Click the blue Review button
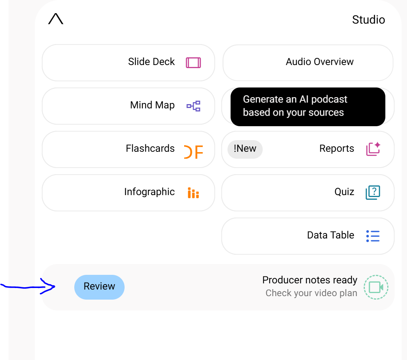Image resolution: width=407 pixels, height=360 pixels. click(x=99, y=287)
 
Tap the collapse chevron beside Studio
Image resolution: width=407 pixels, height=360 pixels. click(x=56, y=19)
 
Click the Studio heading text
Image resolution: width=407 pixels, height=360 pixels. click(x=368, y=20)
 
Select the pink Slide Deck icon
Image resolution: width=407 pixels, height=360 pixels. click(x=193, y=63)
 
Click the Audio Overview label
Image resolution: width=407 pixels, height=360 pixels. click(x=320, y=62)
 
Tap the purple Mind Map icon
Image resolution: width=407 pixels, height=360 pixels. click(x=193, y=106)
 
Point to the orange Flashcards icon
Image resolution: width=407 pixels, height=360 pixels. click(x=193, y=152)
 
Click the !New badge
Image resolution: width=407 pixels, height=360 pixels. click(x=245, y=149)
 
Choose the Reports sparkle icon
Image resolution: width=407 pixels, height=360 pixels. click(x=373, y=149)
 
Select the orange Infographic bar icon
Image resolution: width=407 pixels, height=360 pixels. click(x=193, y=193)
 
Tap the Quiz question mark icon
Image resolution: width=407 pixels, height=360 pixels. click(x=373, y=192)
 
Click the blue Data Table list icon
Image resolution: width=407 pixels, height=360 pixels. click(x=373, y=236)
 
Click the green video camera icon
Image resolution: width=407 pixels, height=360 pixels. click(x=376, y=287)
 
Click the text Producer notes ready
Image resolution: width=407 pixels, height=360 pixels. click(x=310, y=280)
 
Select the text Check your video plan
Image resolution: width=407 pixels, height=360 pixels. click(x=311, y=293)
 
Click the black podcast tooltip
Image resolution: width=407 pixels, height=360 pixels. click(x=308, y=107)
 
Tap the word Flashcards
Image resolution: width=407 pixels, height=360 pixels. click(x=150, y=148)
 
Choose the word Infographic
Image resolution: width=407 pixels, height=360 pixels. click(x=149, y=192)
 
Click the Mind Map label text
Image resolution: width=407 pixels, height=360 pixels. click(x=152, y=105)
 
